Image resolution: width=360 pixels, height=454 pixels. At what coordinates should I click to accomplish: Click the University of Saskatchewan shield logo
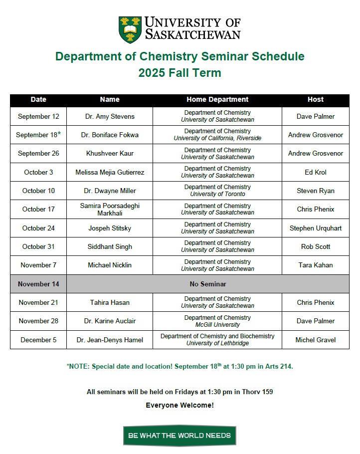click(130, 30)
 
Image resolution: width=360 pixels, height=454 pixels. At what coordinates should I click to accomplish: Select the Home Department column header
click(217, 99)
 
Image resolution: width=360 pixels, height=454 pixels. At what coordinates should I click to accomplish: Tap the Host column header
click(316, 99)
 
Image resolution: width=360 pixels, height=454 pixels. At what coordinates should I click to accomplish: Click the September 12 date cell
click(38, 116)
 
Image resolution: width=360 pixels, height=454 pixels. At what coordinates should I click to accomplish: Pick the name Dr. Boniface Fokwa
click(110, 135)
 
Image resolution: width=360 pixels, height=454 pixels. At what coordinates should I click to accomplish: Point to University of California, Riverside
click(217, 138)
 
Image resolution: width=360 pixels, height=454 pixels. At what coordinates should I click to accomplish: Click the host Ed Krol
click(316, 172)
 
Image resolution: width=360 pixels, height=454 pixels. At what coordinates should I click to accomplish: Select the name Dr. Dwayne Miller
click(110, 191)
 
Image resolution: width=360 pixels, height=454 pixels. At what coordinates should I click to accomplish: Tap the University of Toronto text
click(217, 194)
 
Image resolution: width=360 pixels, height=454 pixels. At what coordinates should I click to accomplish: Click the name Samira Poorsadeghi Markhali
click(110, 209)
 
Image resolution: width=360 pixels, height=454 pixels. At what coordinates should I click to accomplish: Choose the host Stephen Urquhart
click(316, 228)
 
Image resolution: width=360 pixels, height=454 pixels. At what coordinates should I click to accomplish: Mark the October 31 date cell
click(38, 246)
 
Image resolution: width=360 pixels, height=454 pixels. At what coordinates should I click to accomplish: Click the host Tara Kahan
click(316, 265)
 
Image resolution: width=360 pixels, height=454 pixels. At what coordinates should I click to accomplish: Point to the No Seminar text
click(208, 284)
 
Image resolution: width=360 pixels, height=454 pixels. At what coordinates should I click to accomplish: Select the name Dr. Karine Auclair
click(110, 321)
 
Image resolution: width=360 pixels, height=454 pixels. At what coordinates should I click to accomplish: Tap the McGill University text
click(217, 325)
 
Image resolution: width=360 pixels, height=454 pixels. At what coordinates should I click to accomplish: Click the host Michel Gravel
click(316, 340)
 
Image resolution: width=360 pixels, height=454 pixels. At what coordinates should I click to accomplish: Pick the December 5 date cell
click(38, 340)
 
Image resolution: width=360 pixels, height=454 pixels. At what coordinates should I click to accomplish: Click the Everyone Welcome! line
click(180, 405)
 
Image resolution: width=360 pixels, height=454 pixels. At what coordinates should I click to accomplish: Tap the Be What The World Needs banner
click(180, 436)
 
